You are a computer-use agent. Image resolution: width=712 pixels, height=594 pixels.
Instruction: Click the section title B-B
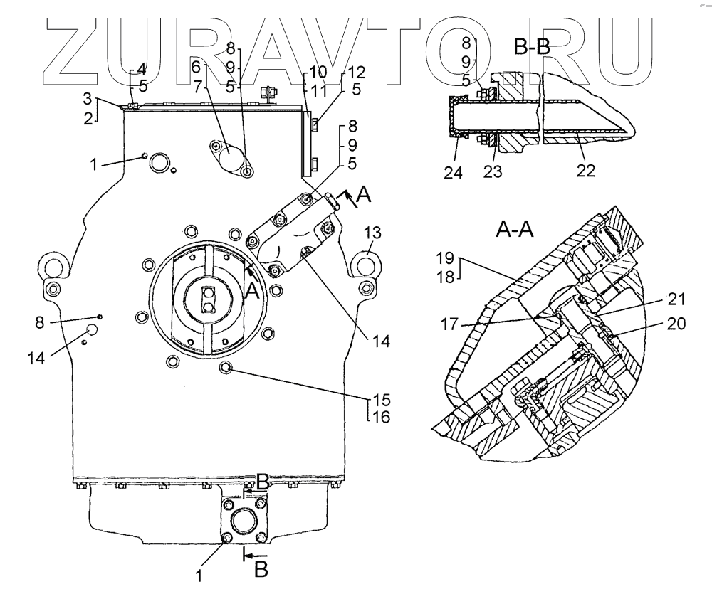coord(532,46)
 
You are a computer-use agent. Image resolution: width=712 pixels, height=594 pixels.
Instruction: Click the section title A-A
coord(515,230)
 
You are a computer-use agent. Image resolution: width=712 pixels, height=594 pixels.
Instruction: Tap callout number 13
coord(372,233)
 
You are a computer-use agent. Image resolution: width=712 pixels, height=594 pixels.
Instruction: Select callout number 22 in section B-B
coord(585,171)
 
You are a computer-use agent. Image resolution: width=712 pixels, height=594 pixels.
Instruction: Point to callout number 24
coord(453,173)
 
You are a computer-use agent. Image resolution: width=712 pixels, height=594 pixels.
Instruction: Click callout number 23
coord(492,171)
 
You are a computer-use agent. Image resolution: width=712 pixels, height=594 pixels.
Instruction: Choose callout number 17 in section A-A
coord(449,325)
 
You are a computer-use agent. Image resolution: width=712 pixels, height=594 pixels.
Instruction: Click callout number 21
coord(676,299)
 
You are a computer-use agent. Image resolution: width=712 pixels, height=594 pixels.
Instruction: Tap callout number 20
coord(676,324)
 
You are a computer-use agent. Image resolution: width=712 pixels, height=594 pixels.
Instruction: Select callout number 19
coord(445,258)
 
